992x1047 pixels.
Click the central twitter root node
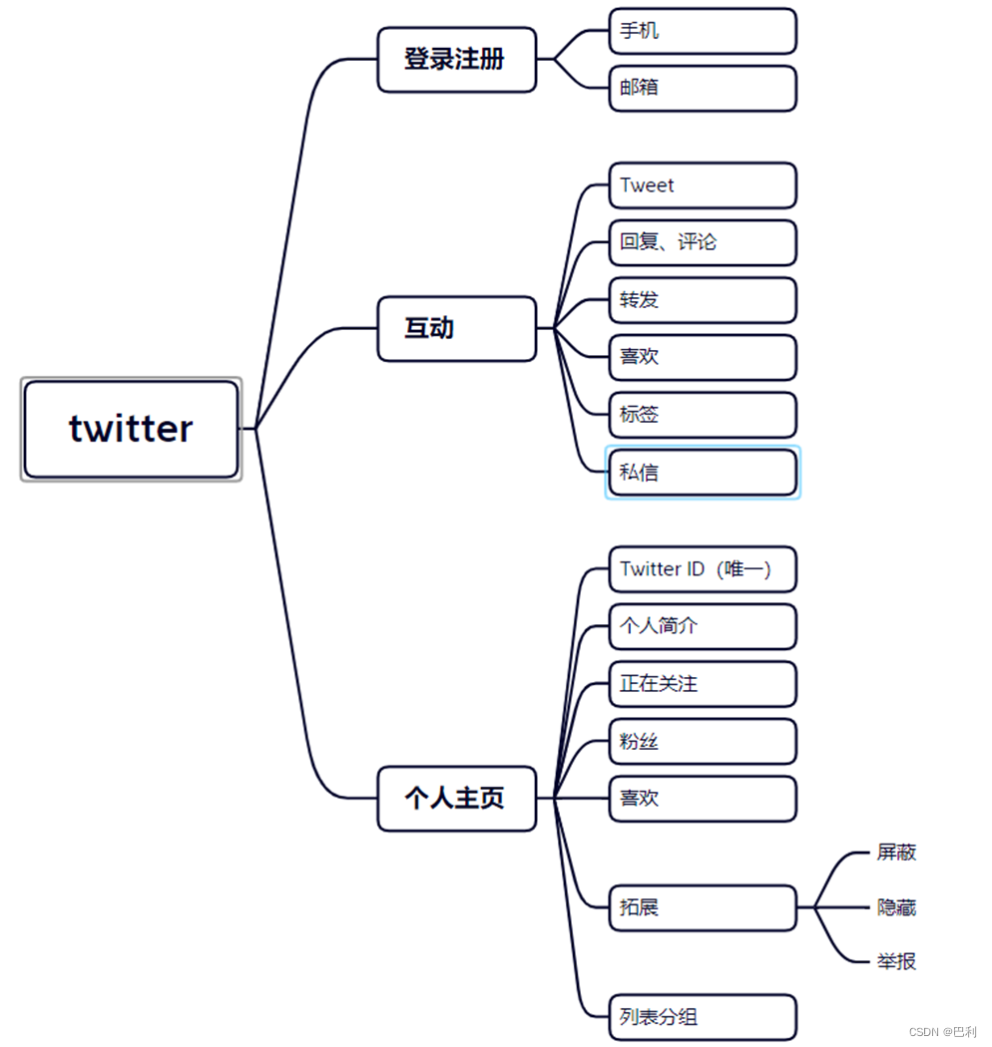[x=131, y=429]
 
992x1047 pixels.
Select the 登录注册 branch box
[x=456, y=60]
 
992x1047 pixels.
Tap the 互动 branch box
[x=456, y=328]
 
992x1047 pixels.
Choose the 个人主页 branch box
[x=456, y=798]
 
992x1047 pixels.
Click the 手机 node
[x=703, y=31]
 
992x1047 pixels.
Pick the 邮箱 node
[x=703, y=88]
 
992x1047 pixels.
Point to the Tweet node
[x=703, y=185]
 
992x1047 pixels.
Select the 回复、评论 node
[x=703, y=242]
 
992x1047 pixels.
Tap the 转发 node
[x=703, y=300]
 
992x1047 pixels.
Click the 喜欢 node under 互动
[x=703, y=357]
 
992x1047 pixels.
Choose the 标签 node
[x=703, y=415]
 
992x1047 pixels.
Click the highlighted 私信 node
[x=703, y=473]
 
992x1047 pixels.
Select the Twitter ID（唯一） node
[x=703, y=569]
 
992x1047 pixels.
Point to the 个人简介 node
[x=703, y=626]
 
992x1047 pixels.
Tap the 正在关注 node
[x=703, y=684]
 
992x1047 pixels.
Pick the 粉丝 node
[x=703, y=742]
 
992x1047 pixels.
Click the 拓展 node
[x=703, y=907]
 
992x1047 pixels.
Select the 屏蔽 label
[x=896, y=853]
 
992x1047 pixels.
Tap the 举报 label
[x=896, y=961]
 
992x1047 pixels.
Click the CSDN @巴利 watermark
[x=943, y=1032]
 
